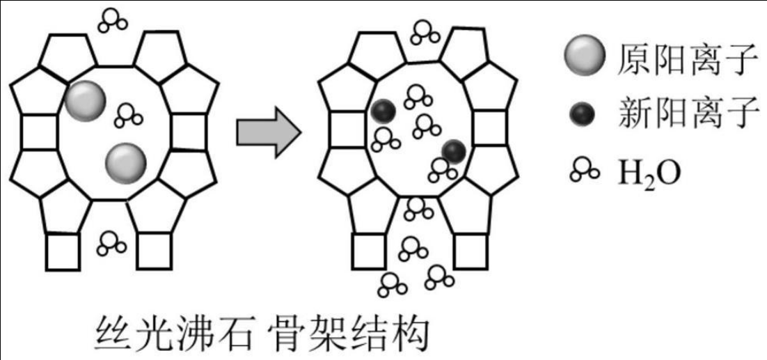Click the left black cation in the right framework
383,111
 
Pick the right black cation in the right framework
454,150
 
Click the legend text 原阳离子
686,59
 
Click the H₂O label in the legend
649,171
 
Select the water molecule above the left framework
112,20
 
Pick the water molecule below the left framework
111,243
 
